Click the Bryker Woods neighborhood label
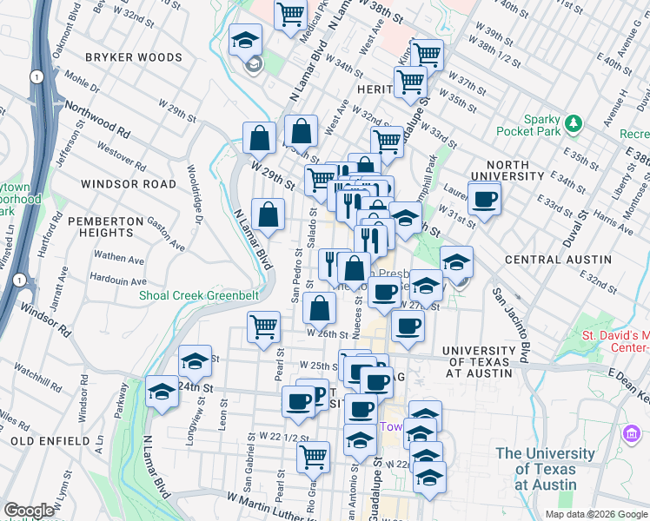[134, 57]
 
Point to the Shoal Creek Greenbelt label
[199, 295]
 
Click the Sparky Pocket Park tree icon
[573, 122]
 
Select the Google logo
[29, 511]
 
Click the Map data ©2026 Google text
[596, 514]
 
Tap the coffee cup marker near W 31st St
[484, 199]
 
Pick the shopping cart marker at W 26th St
[262, 327]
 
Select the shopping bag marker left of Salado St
[269, 214]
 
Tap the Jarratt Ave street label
[61, 292]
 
